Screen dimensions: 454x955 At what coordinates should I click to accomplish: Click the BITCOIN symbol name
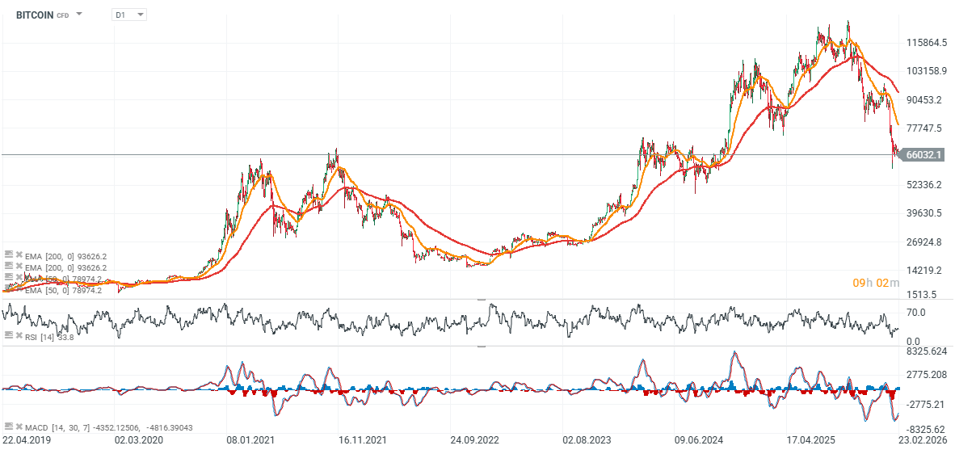tap(34, 15)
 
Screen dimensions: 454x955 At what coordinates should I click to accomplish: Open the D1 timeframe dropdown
tap(128, 15)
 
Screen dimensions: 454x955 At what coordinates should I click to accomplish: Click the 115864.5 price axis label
tap(926, 43)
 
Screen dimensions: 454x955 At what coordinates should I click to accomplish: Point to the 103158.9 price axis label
tap(926, 71)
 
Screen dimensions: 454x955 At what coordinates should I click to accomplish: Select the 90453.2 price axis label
tap(926, 100)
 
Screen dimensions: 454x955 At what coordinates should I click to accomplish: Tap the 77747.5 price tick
tap(926, 128)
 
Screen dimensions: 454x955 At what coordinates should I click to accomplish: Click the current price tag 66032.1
tap(926, 154)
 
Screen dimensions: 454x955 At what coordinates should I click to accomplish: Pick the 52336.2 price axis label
tap(926, 185)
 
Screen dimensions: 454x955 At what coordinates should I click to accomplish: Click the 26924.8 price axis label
tap(926, 242)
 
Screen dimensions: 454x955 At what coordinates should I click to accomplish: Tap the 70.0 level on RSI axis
tap(915, 312)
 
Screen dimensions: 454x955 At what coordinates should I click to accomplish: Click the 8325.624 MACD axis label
tap(926, 351)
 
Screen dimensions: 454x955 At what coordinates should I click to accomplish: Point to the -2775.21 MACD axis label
tap(926, 404)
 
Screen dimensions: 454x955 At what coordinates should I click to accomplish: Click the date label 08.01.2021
tap(250, 440)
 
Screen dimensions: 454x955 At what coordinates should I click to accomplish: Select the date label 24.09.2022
tap(474, 440)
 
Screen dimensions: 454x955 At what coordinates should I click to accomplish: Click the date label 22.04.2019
tap(26, 440)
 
